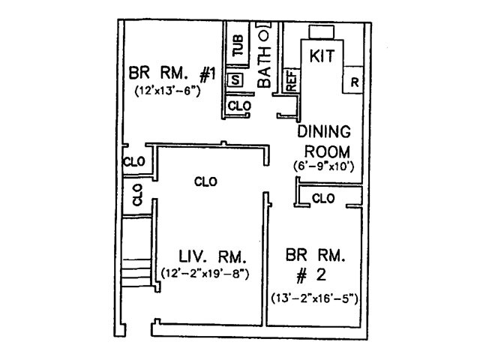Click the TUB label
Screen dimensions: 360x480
[x=238, y=46]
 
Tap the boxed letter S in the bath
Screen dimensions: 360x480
[x=235, y=79]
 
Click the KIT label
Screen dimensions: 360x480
[x=321, y=55]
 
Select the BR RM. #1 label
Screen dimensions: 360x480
[x=172, y=76]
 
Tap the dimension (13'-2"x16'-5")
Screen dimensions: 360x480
[x=315, y=298]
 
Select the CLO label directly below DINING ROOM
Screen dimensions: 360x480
[x=322, y=199]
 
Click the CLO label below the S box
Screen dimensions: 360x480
[x=238, y=106]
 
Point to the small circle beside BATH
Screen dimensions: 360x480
[x=263, y=34]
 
